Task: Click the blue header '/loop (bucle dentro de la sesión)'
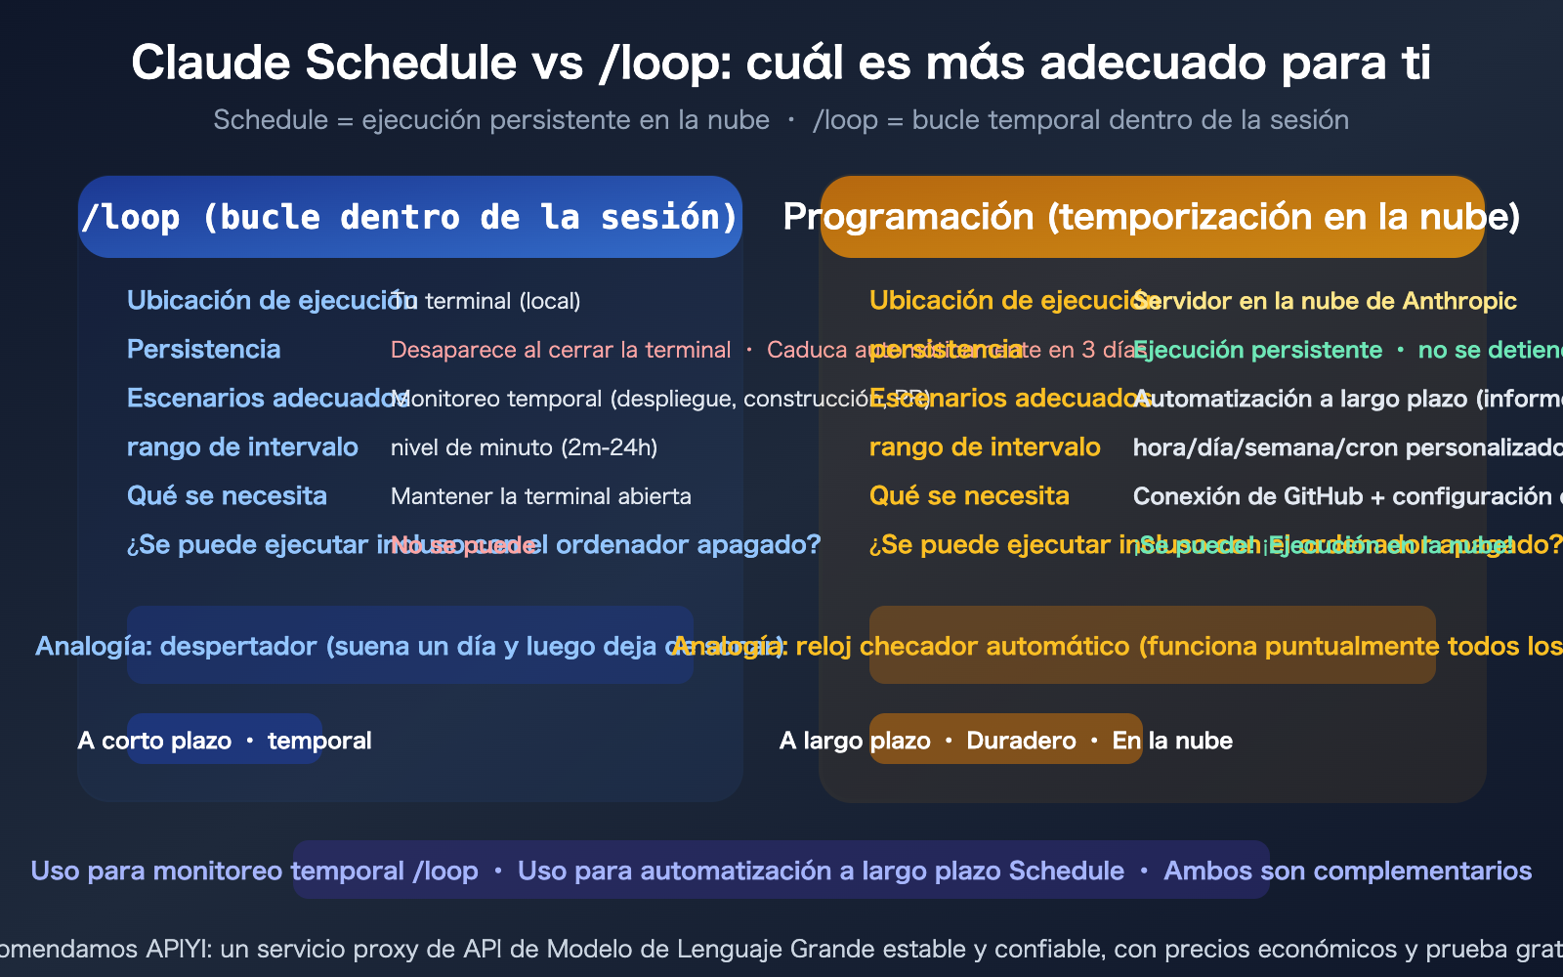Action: (x=409, y=217)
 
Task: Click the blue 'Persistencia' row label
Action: (x=203, y=350)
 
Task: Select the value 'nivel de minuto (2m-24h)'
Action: (x=524, y=447)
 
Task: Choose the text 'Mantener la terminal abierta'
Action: (x=540, y=496)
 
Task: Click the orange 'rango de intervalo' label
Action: (x=985, y=447)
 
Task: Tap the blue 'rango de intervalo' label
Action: (x=242, y=447)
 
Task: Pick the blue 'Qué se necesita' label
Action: (x=227, y=496)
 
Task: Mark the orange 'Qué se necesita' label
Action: (x=969, y=496)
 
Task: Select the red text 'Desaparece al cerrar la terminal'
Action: (x=560, y=350)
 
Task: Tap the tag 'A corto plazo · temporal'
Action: (x=225, y=741)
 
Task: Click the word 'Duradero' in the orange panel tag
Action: (x=1021, y=741)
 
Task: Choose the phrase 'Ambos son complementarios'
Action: (x=1347, y=871)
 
